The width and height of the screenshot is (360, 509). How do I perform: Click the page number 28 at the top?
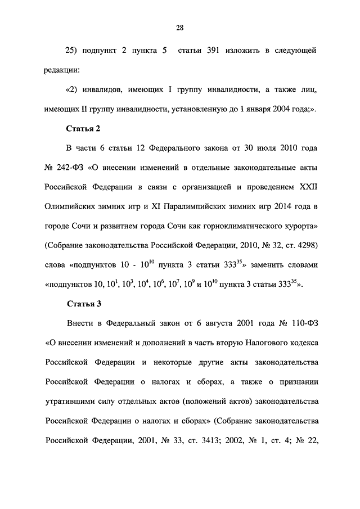(x=179, y=28)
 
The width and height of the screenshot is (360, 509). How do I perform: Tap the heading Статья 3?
(x=83, y=304)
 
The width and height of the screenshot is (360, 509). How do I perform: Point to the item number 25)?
(x=75, y=51)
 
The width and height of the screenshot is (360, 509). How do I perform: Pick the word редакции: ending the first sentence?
(x=62, y=70)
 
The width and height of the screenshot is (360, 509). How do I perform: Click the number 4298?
(x=304, y=246)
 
